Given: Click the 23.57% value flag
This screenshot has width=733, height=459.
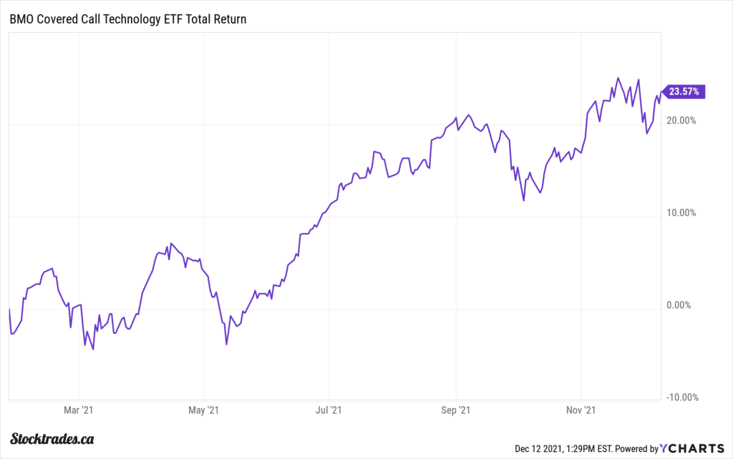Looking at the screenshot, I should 686,91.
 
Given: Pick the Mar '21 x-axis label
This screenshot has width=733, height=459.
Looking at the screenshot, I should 78,410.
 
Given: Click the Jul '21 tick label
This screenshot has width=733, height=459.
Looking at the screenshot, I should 329,410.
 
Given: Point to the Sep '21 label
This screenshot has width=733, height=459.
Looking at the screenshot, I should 455,410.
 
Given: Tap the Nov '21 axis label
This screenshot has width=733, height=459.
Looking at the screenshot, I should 581,410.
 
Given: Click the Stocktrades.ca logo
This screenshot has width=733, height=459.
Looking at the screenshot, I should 54,439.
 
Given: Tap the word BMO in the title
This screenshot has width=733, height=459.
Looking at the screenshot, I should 21,19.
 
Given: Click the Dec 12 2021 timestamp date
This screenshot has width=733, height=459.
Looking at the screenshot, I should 540,449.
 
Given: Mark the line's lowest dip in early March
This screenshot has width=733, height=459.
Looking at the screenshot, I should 93,349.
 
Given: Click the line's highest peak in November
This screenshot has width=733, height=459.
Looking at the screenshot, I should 618,78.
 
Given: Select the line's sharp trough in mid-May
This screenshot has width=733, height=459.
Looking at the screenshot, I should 226,345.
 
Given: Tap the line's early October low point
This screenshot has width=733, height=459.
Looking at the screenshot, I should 523,201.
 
